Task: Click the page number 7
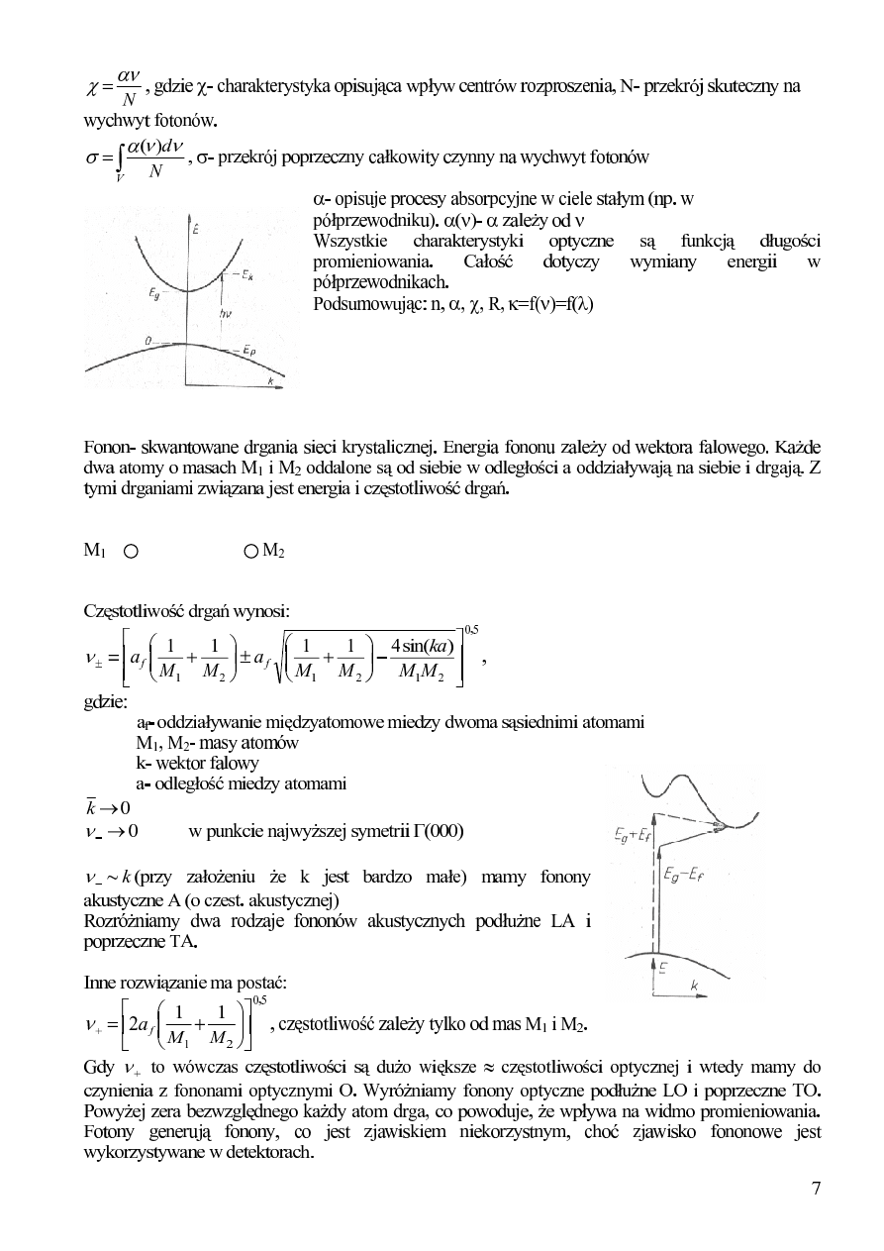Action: point(816,1189)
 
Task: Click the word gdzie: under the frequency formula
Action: point(105,702)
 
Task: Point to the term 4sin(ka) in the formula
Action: point(423,649)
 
